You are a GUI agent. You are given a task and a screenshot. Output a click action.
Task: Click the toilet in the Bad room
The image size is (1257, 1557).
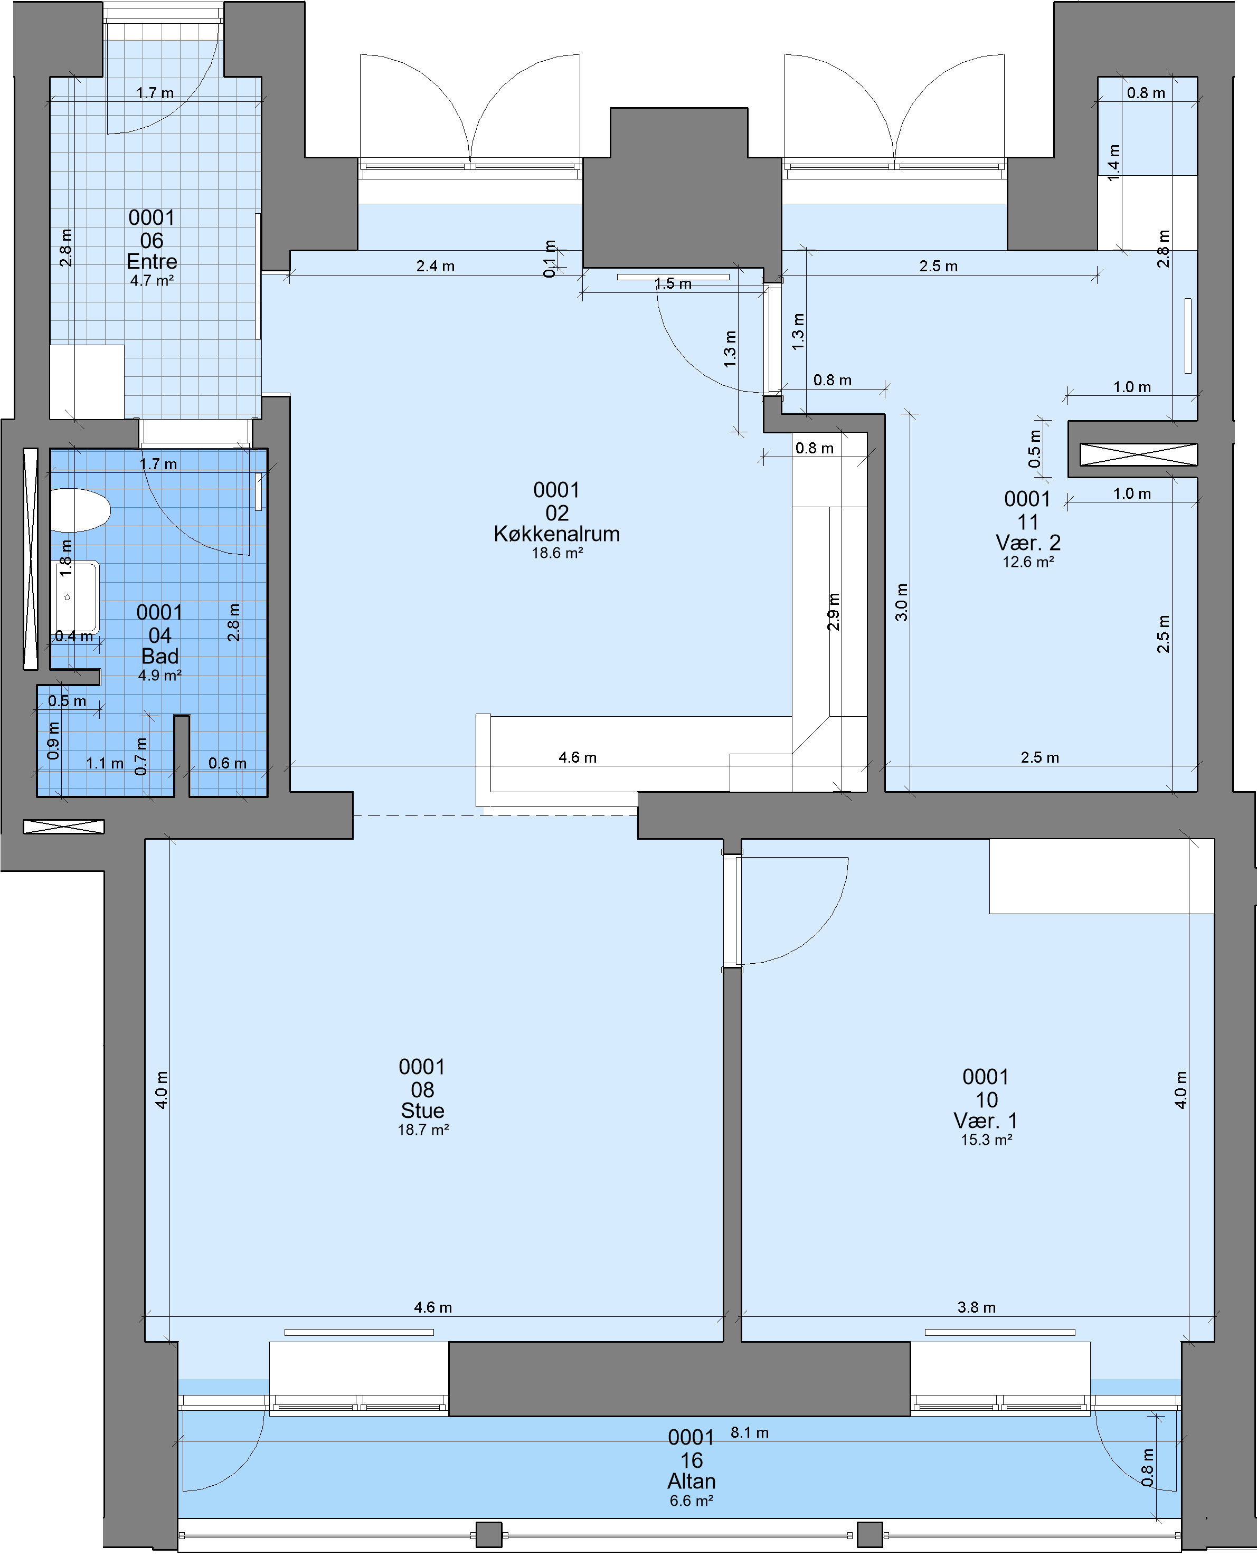tap(80, 510)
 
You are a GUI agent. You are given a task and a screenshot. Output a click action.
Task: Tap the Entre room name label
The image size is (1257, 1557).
tap(152, 261)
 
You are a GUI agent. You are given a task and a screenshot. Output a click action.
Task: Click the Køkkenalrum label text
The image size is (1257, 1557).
tap(557, 534)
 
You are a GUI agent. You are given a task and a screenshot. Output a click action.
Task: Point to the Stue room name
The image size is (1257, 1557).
tap(423, 1110)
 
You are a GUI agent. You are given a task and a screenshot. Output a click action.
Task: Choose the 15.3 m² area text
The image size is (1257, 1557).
tap(986, 1140)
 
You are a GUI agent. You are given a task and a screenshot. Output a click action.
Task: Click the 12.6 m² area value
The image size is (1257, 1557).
tap(1027, 562)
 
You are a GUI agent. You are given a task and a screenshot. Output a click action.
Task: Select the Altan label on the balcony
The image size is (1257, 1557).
tap(692, 1481)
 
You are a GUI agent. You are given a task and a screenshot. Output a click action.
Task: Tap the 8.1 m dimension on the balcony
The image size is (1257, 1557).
tap(750, 1432)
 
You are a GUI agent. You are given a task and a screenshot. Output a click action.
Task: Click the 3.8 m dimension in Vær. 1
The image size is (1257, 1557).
tap(976, 1307)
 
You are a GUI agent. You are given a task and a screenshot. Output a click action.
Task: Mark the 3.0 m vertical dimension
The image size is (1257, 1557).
tap(902, 602)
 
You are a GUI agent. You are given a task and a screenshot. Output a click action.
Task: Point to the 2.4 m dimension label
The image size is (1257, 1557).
tap(435, 267)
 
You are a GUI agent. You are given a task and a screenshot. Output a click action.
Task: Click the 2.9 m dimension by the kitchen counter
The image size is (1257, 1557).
tap(834, 612)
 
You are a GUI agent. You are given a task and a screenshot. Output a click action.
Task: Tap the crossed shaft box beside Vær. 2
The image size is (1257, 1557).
tap(1138, 454)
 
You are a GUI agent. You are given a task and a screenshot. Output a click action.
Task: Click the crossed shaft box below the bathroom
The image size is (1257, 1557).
tap(64, 827)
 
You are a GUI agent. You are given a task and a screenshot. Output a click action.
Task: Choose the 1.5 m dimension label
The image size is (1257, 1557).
tap(673, 284)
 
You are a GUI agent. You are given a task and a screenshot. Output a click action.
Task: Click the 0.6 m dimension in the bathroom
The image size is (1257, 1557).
tap(228, 763)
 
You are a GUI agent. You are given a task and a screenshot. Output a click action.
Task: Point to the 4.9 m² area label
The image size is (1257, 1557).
tap(159, 676)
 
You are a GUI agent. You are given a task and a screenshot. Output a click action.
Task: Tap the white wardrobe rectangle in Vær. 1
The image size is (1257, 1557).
tap(1101, 876)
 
